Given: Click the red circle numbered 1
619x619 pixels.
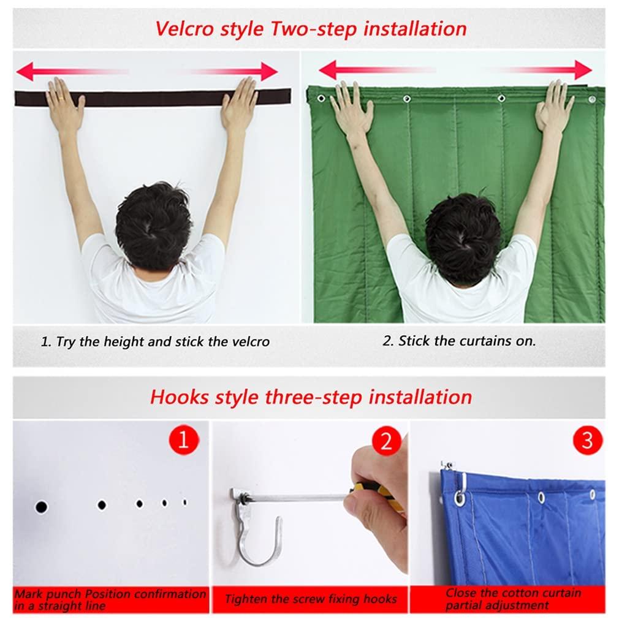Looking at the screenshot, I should tap(183, 441).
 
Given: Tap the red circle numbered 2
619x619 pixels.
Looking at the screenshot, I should tap(386, 441).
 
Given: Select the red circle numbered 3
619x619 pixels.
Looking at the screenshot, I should tap(587, 441).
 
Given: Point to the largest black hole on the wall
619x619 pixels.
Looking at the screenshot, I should tap(41, 507).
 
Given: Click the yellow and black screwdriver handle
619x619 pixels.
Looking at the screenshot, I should tap(375, 493).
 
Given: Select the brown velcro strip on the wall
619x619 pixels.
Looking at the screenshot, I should tap(153, 97).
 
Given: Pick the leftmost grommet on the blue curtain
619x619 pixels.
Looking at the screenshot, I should tap(459, 497).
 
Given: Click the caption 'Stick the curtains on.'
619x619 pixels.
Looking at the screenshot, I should tap(459, 341).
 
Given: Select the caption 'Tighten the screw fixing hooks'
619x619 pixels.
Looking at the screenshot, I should tap(311, 599).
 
